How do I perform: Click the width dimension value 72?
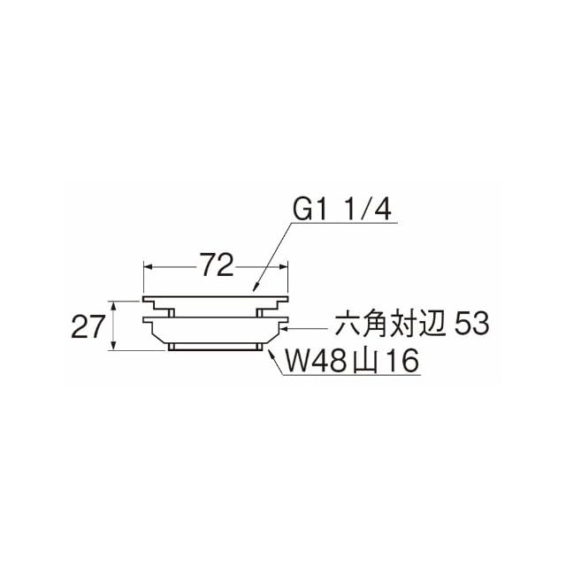coord(216,265)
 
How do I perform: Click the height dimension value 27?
coord(88,326)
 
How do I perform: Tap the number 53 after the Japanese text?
coord(471,324)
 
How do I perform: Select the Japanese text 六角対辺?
coord(391,325)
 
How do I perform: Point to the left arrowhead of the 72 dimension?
coord(149,266)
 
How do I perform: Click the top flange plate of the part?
coord(216,299)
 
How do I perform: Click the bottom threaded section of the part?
coord(215,347)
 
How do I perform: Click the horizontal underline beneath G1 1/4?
coord(343,223)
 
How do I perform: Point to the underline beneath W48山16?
coord(351,375)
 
